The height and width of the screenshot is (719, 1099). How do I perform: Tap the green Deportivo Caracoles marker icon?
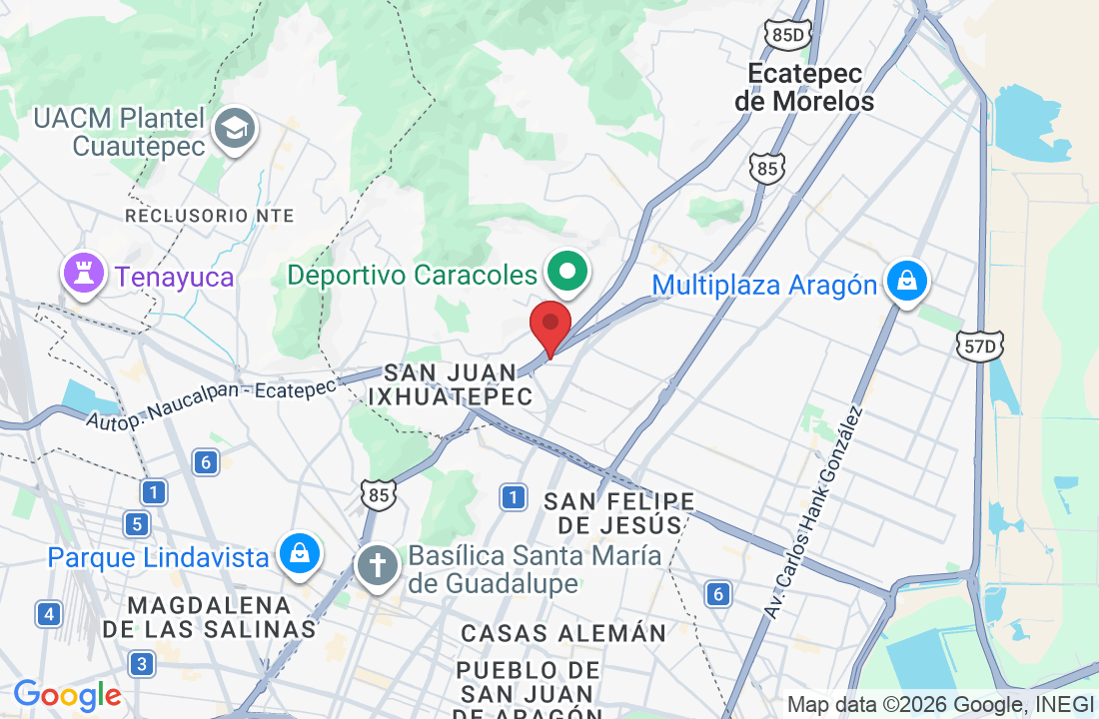point(568,272)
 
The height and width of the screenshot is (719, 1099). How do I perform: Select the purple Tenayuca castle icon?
point(84,275)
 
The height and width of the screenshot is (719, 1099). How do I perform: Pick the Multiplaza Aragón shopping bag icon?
point(906,284)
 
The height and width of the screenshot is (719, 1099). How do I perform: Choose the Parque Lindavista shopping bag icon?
point(299,553)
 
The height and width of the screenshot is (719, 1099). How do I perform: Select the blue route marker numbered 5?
point(137,523)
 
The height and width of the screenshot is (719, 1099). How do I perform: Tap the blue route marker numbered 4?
point(48,613)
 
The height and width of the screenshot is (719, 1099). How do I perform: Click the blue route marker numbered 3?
point(142,663)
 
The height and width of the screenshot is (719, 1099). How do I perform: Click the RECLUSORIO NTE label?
point(210,216)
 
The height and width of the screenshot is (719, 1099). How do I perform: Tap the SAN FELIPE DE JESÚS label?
point(619,512)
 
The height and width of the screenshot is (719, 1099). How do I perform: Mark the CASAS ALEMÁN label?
point(563,633)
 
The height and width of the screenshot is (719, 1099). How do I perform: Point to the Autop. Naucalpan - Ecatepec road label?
point(211,404)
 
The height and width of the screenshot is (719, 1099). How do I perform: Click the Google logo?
point(67,695)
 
